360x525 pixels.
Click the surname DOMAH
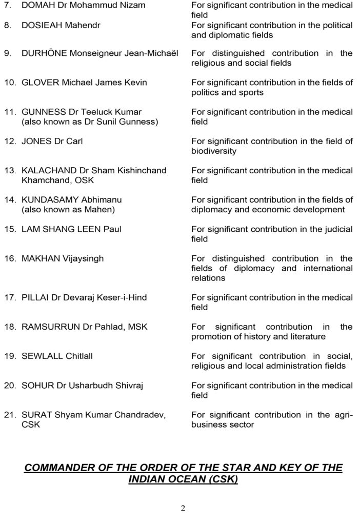pyautogui.click(x=37, y=5)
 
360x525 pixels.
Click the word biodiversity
pyautogui.click(x=214, y=151)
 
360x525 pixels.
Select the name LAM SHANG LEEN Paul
pyautogui.click(x=71, y=229)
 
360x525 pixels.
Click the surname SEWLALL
pyautogui.click(x=42, y=356)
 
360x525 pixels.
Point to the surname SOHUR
pyautogui.click(x=37, y=386)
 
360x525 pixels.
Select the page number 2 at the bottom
pyautogui.click(x=183, y=509)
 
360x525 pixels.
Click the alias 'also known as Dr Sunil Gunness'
pyautogui.click(x=90, y=122)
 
